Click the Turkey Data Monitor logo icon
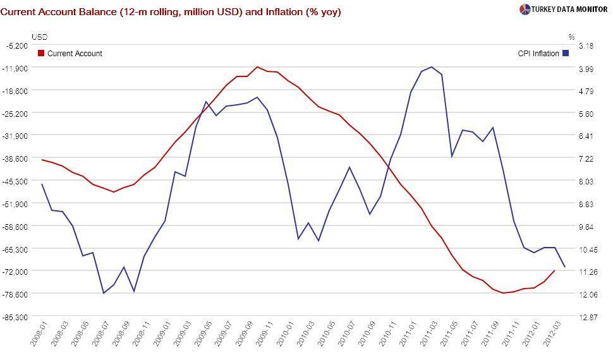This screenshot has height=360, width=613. coord(525,9)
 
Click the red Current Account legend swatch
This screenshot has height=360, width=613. coord(42,54)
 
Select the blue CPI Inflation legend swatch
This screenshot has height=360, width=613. coord(566,54)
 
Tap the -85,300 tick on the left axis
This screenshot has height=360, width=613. coord(16,316)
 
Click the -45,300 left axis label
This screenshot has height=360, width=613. coord(16,181)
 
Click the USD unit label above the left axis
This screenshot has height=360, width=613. coord(39,37)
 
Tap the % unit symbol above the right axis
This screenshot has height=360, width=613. coord(571,37)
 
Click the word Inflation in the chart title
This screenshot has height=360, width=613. coord(286,12)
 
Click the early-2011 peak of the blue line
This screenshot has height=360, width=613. coord(431,67)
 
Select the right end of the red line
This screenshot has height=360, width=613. coord(554,271)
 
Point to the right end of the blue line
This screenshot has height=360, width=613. coord(564,267)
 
